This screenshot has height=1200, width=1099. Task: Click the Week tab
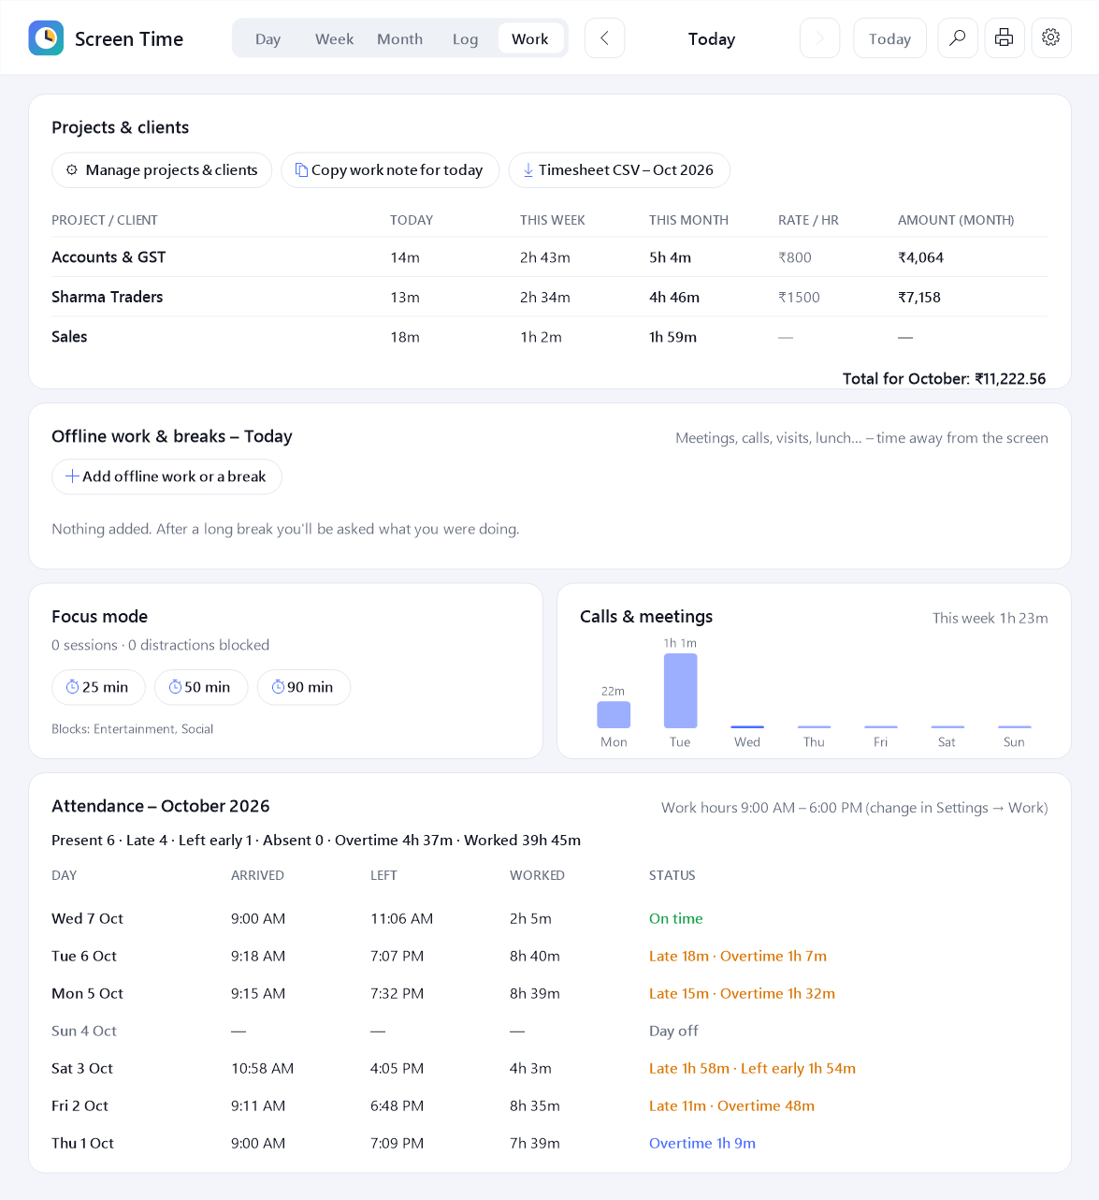[334, 39]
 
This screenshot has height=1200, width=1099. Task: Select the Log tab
[465, 39]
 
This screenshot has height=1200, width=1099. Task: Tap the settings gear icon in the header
[1050, 37]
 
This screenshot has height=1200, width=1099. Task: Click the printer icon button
[1004, 37]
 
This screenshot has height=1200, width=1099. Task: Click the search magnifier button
[957, 37]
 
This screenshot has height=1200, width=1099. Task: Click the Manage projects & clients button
[162, 169]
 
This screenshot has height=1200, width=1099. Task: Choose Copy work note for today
[390, 169]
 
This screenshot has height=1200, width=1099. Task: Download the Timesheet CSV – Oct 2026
[619, 169]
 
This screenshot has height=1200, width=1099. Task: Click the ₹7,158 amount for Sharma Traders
[919, 298]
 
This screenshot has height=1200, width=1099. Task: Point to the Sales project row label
[69, 337]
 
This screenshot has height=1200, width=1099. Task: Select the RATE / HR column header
[808, 220]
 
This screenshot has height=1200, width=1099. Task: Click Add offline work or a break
[166, 476]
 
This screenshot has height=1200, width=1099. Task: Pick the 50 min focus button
[201, 687]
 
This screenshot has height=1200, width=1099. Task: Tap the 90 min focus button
[303, 687]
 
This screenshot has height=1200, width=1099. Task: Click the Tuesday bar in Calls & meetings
[681, 691]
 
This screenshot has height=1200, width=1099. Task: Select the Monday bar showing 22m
[614, 714]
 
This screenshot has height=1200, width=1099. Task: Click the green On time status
[675, 918]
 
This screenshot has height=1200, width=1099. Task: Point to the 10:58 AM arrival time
[263, 1068]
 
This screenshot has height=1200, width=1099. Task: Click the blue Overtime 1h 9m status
[702, 1143]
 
